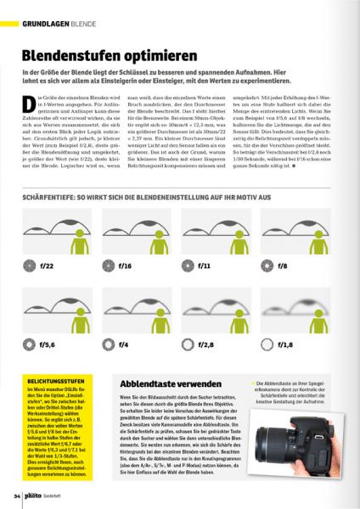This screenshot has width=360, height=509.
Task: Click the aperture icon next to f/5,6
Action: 30,345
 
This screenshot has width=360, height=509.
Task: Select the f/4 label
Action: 124,345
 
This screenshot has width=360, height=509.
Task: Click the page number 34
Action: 17,495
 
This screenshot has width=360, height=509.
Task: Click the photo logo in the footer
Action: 38,495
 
